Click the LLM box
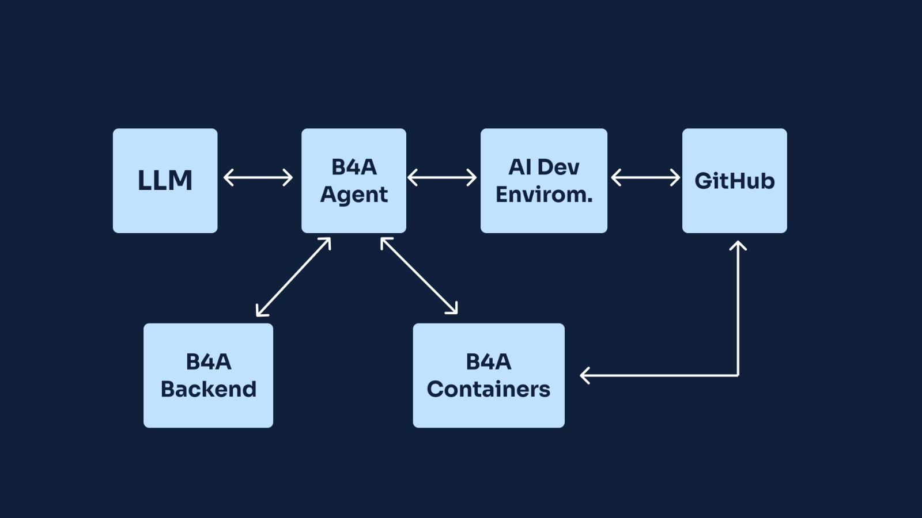coord(165,181)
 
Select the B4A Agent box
coord(353,181)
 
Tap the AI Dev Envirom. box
coord(543,181)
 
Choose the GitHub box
coord(734,181)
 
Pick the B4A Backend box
coord(208,375)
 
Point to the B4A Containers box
coord(488,375)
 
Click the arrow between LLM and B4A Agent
coord(258,177)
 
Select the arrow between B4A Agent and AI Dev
coord(442,177)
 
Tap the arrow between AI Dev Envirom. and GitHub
coord(645,177)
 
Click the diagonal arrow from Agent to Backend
coord(293,277)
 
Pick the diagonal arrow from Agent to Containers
coord(419,276)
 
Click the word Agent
coord(354,195)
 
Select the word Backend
coord(208,389)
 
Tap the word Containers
coord(488,389)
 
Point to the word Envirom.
coord(543,195)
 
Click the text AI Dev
coord(543,167)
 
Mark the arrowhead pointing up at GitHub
coord(738,245)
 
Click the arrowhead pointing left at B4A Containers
coord(584,375)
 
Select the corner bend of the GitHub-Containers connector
coord(738,375)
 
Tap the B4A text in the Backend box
coord(208,362)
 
